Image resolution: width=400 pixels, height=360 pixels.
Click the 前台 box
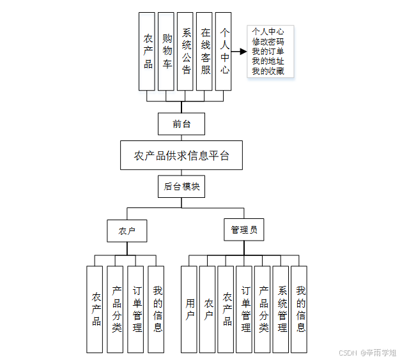click(181, 124)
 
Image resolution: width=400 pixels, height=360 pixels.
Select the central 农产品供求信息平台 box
click(181, 156)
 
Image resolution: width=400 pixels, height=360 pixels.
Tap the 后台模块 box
click(181, 186)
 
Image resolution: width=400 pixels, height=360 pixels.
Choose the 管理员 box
click(243, 230)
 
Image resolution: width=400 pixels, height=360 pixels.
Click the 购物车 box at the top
click(167, 51)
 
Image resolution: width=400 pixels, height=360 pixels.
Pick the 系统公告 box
click(186, 51)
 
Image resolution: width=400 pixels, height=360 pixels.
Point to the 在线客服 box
click(205, 51)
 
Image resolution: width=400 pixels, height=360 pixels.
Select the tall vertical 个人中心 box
click(224, 51)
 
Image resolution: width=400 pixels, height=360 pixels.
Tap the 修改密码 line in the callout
click(268, 41)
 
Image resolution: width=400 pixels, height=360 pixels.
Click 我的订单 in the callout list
click(268, 51)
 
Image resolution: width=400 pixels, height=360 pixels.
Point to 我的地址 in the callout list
click(268, 61)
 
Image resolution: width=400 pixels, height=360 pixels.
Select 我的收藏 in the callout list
click(268, 71)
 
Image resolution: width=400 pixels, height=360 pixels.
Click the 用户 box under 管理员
click(189, 309)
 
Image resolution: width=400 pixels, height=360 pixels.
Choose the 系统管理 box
click(281, 309)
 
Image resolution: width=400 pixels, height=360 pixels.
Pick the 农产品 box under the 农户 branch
click(95, 309)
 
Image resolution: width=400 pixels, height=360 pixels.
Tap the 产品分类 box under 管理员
click(263, 309)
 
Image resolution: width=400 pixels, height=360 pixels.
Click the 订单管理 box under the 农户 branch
click(136, 309)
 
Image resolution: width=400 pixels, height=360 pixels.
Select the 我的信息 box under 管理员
click(300, 309)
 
